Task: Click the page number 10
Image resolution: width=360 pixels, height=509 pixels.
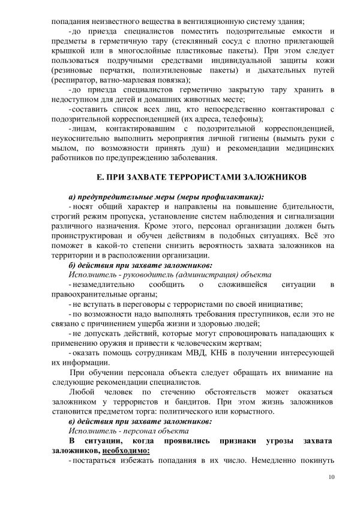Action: [331, 478]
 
